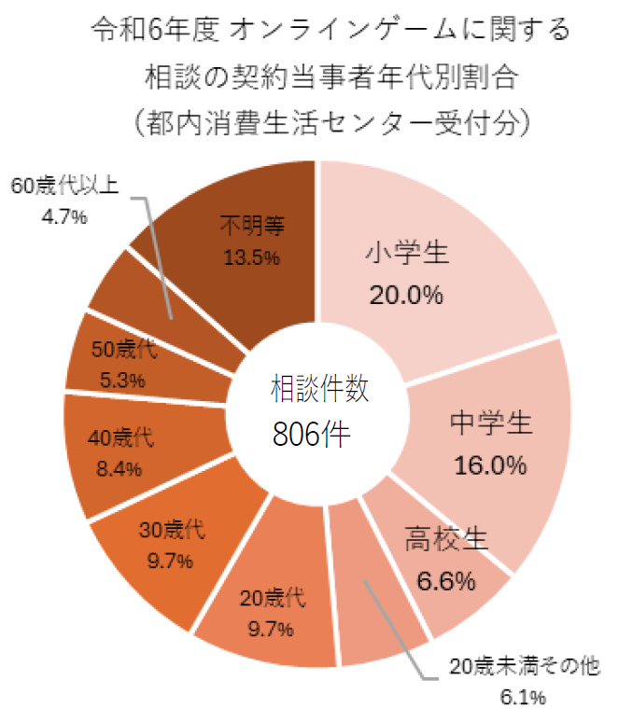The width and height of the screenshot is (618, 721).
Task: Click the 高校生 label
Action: [x=446, y=540]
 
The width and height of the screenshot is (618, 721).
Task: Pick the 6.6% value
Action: [x=446, y=581]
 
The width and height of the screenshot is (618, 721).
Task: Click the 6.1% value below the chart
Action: [x=524, y=697]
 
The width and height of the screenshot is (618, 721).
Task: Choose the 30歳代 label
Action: [x=172, y=532]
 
